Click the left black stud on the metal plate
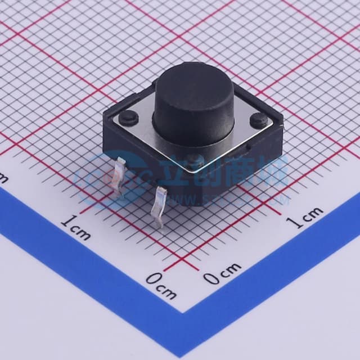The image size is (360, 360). pyautogui.click(x=128, y=116)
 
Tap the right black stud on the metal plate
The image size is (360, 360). pyautogui.click(x=259, y=119)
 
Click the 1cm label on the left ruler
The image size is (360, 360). pyautogui.click(x=75, y=227)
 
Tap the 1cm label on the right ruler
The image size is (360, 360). pyautogui.click(x=304, y=217)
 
